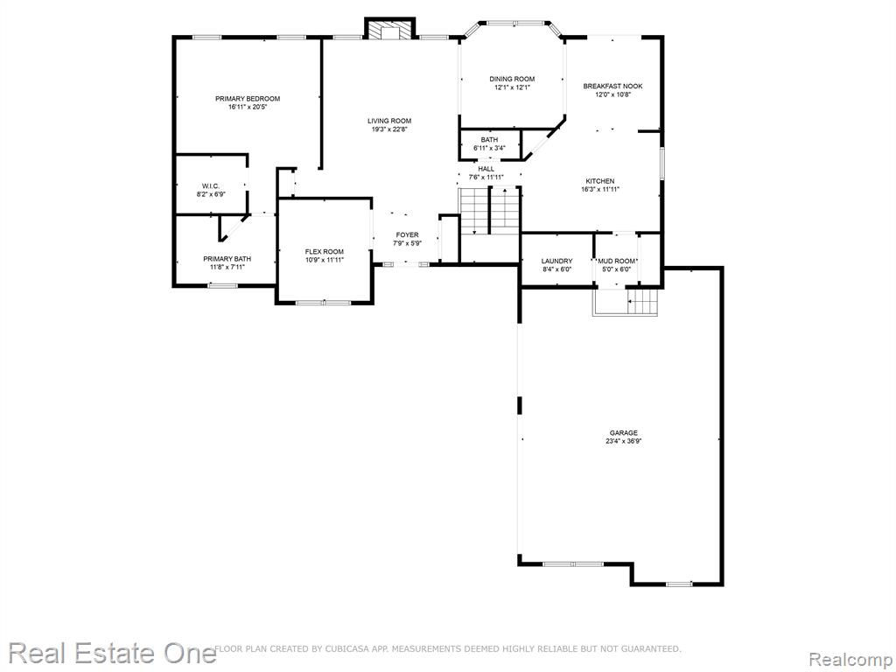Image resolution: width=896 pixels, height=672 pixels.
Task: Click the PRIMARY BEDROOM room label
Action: [248, 98]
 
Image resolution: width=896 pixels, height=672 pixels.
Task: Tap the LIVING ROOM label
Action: [389, 121]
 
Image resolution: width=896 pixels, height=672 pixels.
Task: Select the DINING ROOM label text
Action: [512, 79]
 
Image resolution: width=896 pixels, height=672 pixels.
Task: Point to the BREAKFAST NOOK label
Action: [612, 87]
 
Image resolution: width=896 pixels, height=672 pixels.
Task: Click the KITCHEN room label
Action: [600, 181]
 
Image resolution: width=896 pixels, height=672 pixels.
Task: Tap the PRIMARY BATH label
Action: [227, 259]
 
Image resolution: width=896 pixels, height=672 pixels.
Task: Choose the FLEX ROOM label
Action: [324, 251]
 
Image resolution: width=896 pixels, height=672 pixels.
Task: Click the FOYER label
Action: [407, 234]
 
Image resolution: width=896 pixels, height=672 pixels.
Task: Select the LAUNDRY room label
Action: [556, 261]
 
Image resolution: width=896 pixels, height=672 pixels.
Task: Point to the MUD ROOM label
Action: [616, 261]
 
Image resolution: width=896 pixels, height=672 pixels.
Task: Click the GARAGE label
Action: [623, 433]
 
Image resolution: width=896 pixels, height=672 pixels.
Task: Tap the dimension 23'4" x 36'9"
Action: [623, 441]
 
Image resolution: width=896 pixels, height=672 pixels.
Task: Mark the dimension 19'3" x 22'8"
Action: [389, 129]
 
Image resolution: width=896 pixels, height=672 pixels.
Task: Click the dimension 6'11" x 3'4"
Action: [489, 148]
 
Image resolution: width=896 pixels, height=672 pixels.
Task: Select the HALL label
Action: [486, 169]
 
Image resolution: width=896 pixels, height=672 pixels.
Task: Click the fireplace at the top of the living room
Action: [390, 30]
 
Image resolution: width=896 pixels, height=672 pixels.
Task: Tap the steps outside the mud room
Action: [643, 302]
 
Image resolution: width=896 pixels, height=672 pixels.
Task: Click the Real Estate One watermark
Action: [112, 653]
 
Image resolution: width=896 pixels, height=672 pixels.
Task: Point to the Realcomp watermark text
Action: [850, 659]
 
